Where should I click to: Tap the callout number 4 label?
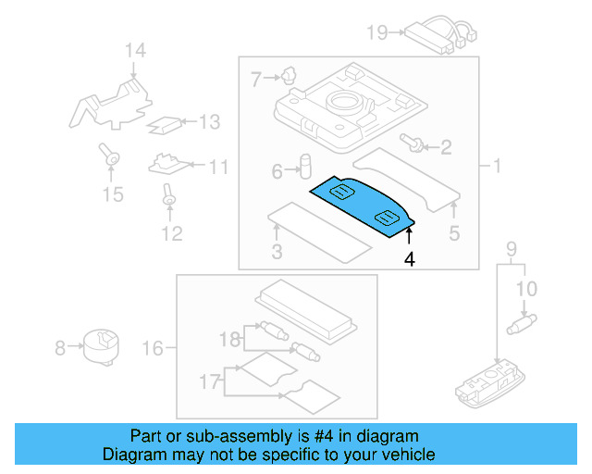409,260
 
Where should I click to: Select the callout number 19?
376,33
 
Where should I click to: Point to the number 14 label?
136,50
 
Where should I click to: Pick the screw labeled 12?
169,195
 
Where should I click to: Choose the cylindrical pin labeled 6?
302,167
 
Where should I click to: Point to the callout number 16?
154,348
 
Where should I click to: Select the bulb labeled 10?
524,323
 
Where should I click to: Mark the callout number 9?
509,248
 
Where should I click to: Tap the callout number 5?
454,234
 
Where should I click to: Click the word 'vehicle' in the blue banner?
403,455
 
